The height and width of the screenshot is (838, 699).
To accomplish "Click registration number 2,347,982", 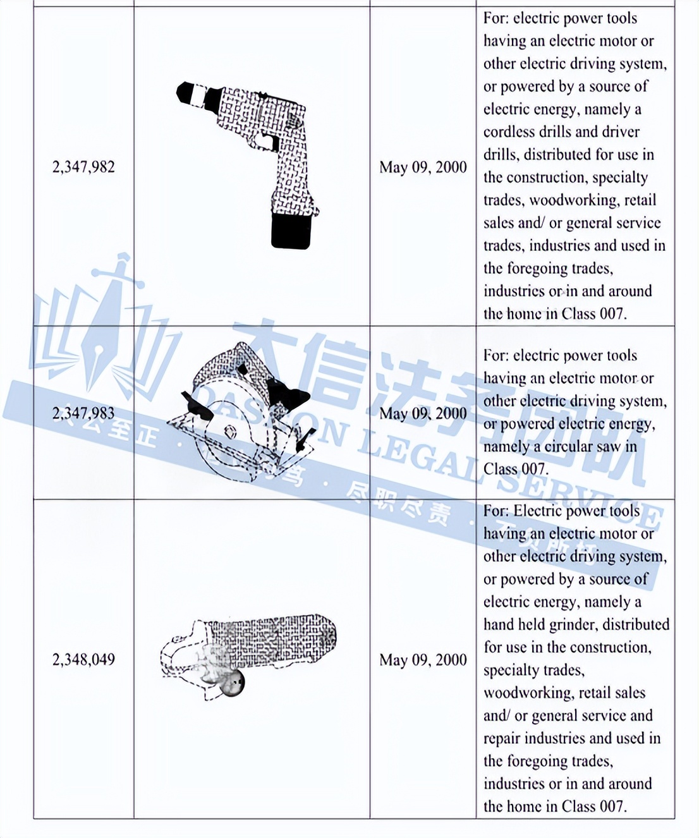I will [83, 167].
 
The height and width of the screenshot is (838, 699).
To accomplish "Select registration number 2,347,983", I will [83, 413].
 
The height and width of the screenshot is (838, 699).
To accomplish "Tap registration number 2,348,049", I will [83, 659].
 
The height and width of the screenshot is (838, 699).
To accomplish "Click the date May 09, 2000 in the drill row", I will [423, 167].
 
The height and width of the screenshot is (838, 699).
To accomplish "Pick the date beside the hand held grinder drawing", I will [423, 659].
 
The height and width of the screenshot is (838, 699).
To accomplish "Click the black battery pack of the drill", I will [291, 231].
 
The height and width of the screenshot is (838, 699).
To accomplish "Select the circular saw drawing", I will [243, 411].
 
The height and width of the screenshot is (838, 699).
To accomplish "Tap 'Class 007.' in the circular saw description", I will [516, 469].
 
